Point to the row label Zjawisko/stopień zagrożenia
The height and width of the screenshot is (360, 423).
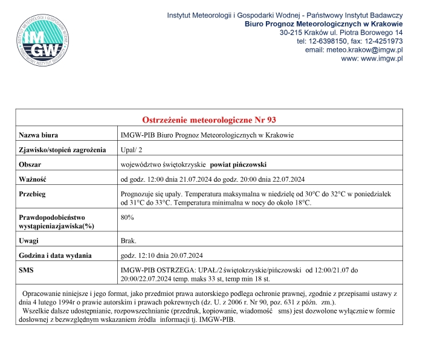point(63,150)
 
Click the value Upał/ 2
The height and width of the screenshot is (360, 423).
point(133,150)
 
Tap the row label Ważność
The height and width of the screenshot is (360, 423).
point(33,179)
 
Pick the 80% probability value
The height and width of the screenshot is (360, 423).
point(128,217)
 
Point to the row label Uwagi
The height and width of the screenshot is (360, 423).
point(30,240)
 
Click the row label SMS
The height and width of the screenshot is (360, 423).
point(27,269)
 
